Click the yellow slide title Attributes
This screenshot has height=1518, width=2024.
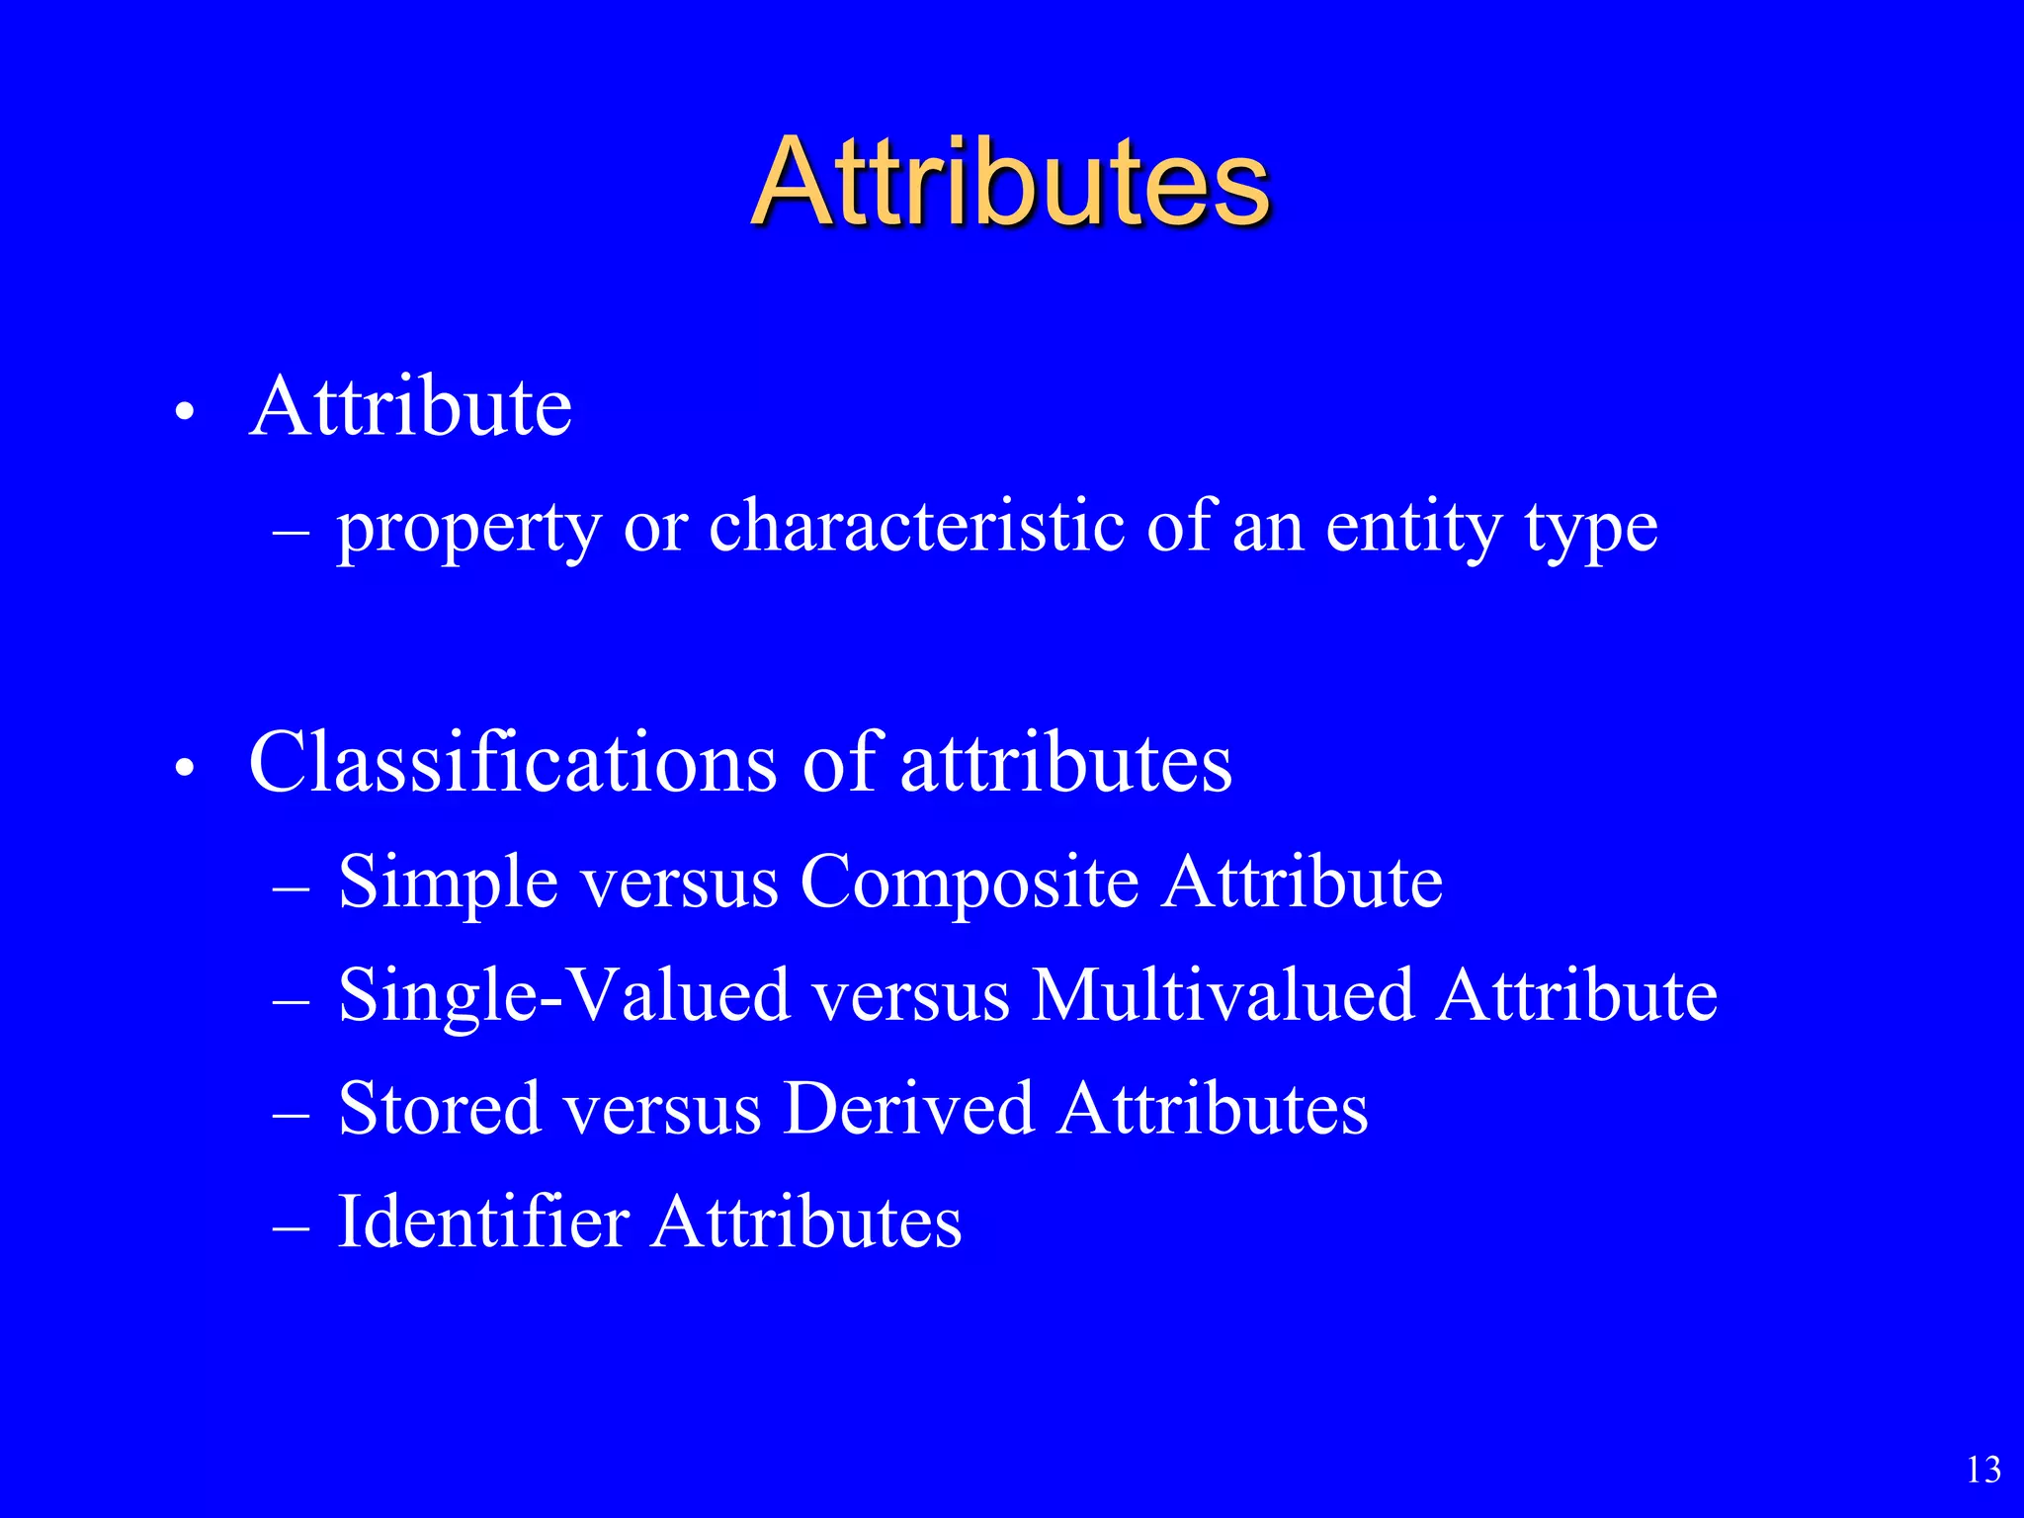pyautogui.click(x=1010, y=183)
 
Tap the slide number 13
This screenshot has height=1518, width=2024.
pyautogui.click(x=1983, y=1470)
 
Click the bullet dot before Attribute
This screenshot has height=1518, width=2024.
pyautogui.click(x=183, y=412)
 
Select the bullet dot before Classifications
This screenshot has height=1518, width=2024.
pyautogui.click(x=183, y=768)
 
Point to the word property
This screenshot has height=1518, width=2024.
pyautogui.click(x=468, y=529)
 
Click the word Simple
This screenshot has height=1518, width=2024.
pyautogui.click(x=449, y=883)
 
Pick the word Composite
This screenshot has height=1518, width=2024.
pyautogui.click(x=970, y=883)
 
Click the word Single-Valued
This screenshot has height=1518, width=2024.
pyautogui.click(x=563, y=996)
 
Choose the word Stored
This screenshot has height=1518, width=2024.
pyautogui.click(x=440, y=1108)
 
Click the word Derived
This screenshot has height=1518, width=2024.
pyautogui.click(x=908, y=1108)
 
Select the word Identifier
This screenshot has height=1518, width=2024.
pyautogui.click(x=483, y=1222)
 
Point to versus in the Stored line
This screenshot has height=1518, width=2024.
pyautogui.click(x=662, y=1110)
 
